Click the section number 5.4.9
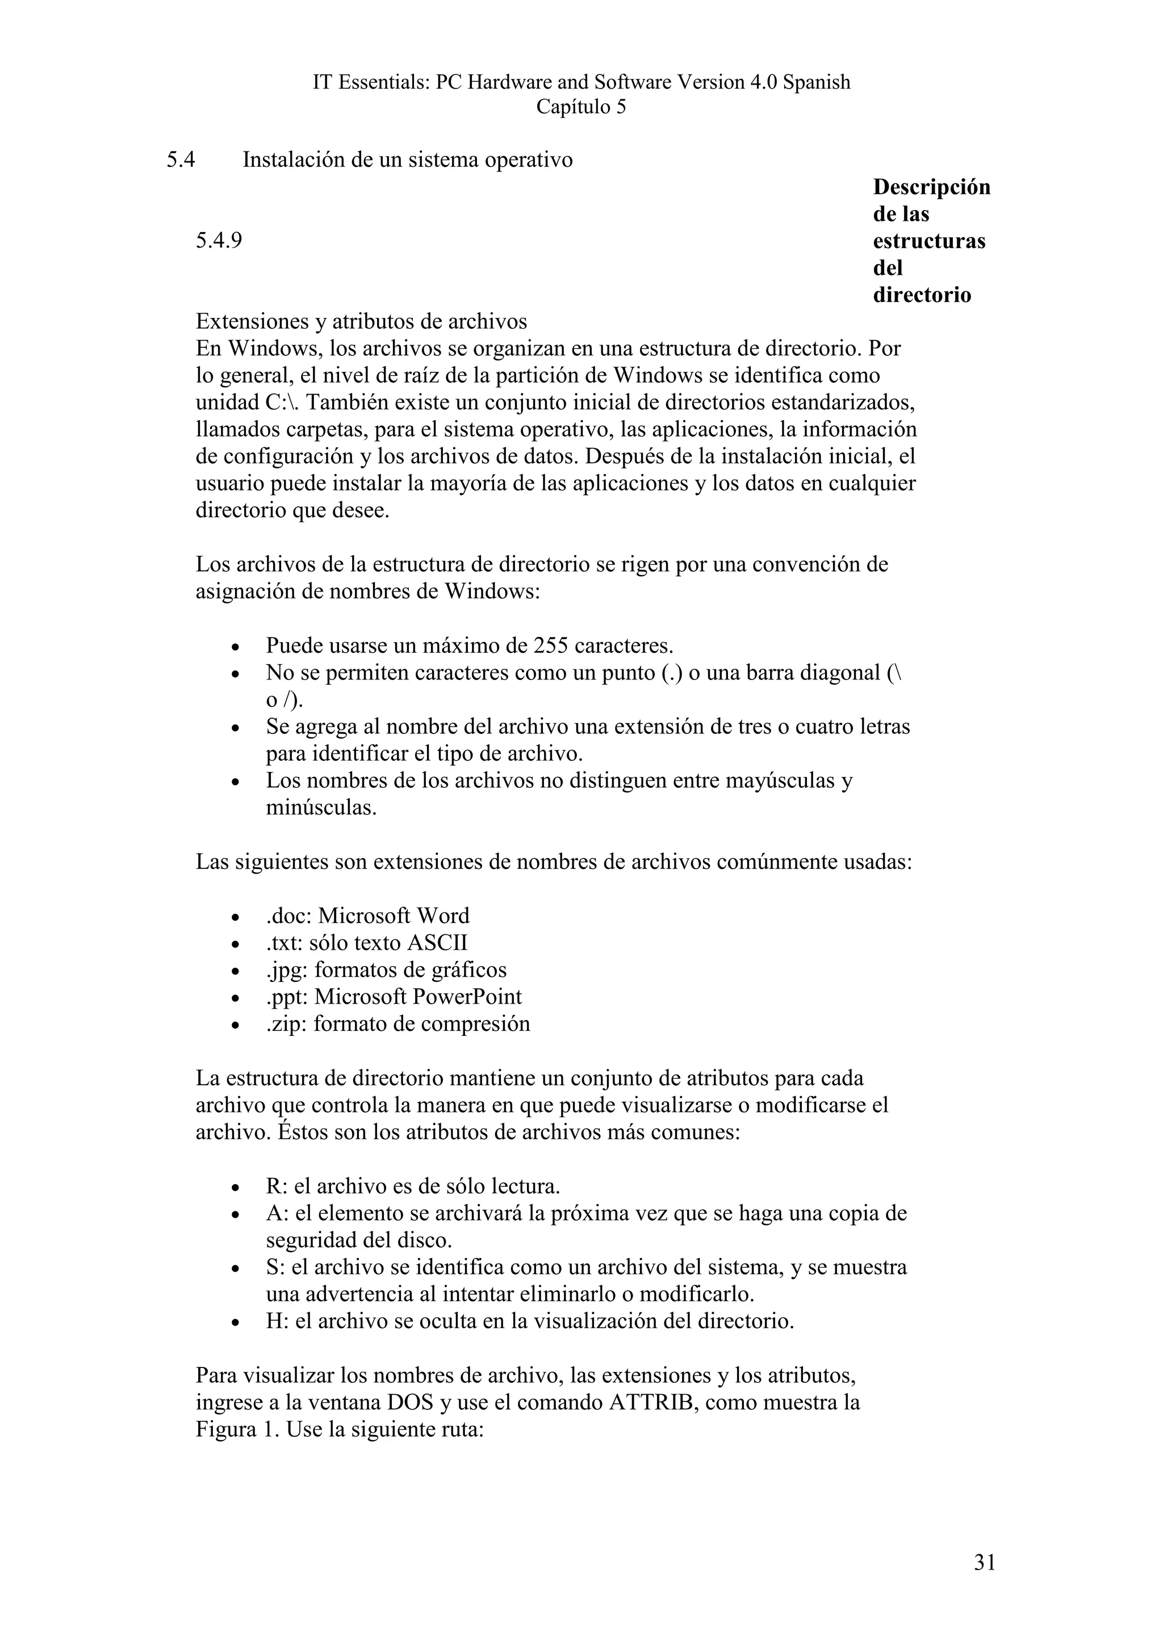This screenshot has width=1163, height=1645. tap(219, 241)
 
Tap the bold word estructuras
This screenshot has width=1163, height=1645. tap(928, 241)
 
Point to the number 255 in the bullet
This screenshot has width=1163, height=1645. tap(551, 645)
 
